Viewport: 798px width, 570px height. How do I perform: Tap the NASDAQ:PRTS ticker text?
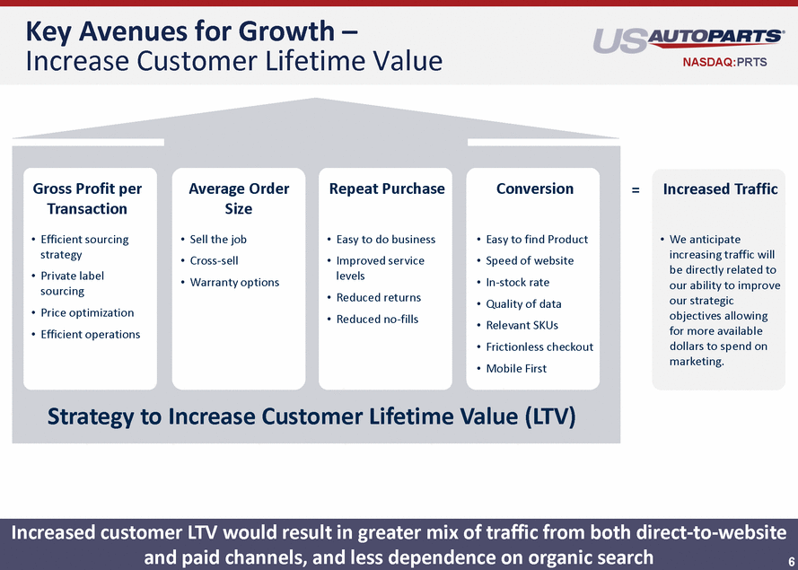[x=724, y=63]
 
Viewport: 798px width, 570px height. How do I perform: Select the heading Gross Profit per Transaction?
[x=87, y=198]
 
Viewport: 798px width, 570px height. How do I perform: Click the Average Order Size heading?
[x=239, y=198]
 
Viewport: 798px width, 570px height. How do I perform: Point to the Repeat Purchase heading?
[x=387, y=189]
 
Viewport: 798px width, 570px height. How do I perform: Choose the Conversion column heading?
[x=535, y=189]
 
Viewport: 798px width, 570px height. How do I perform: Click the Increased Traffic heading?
[x=720, y=189]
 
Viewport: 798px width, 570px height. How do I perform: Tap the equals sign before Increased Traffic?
[x=636, y=189]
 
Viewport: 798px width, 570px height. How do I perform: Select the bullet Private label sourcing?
[x=73, y=284]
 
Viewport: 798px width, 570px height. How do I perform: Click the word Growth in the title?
[x=286, y=31]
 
